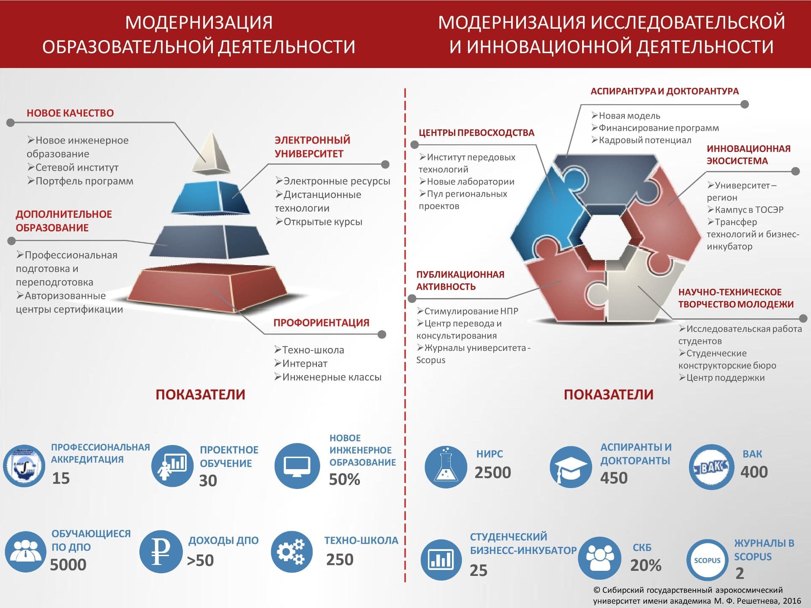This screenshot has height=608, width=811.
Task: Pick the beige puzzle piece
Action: point(634,287)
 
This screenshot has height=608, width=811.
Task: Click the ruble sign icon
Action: point(161,551)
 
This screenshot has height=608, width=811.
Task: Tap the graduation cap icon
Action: point(571,467)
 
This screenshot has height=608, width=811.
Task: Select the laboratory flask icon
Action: point(446,467)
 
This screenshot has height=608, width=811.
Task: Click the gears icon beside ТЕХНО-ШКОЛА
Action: point(292,551)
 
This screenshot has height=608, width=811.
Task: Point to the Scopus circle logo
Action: point(707,560)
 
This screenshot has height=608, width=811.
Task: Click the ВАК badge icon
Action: point(711,467)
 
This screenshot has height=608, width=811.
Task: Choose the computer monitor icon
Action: point(297,466)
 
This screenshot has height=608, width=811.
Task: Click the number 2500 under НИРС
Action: point(493,472)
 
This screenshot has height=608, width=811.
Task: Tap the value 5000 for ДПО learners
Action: point(68,565)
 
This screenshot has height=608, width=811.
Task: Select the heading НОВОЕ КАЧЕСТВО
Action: point(70,113)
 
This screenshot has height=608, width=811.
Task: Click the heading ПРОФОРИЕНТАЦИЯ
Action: point(321,323)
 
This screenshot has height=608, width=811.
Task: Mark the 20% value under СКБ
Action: point(646,565)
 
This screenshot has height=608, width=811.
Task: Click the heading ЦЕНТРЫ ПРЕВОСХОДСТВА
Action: point(476,133)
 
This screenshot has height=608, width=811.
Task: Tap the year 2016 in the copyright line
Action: point(792,601)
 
